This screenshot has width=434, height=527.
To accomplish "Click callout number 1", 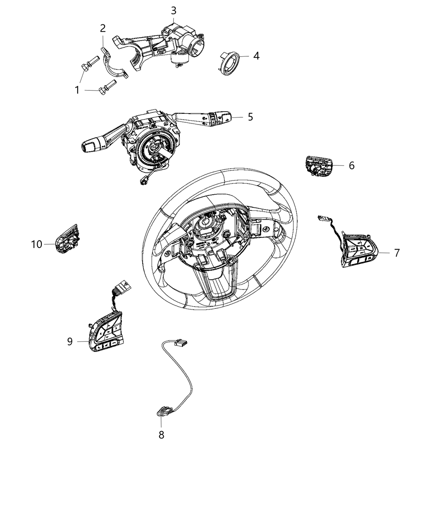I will pos(77,90).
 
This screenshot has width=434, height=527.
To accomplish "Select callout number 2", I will pos(103,28).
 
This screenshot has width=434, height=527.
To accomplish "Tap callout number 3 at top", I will pos(174,10).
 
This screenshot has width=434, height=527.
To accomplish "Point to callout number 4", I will pos(256,56).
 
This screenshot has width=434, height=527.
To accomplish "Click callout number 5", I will pos(250,117).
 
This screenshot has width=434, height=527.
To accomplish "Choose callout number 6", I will pos(351,165).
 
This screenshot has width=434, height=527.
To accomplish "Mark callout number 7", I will pos(396,253).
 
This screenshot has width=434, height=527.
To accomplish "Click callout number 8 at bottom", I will pos(161,434).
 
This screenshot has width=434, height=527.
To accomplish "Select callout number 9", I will pos(70,341).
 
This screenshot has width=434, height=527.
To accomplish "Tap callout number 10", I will pos(37,244).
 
